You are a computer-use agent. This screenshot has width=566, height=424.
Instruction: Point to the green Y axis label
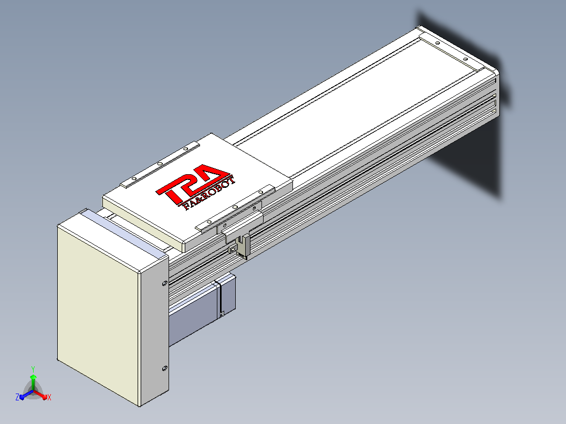click(x=33, y=369)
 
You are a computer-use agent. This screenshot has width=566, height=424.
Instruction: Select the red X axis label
click(x=49, y=397)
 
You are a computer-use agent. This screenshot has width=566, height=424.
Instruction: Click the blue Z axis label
click(x=17, y=397)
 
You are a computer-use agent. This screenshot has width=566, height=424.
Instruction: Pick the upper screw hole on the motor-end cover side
click(x=165, y=283)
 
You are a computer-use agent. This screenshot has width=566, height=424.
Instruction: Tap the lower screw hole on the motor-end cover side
click(x=165, y=368)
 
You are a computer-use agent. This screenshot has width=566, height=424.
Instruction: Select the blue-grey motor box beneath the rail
click(x=202, y=310)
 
